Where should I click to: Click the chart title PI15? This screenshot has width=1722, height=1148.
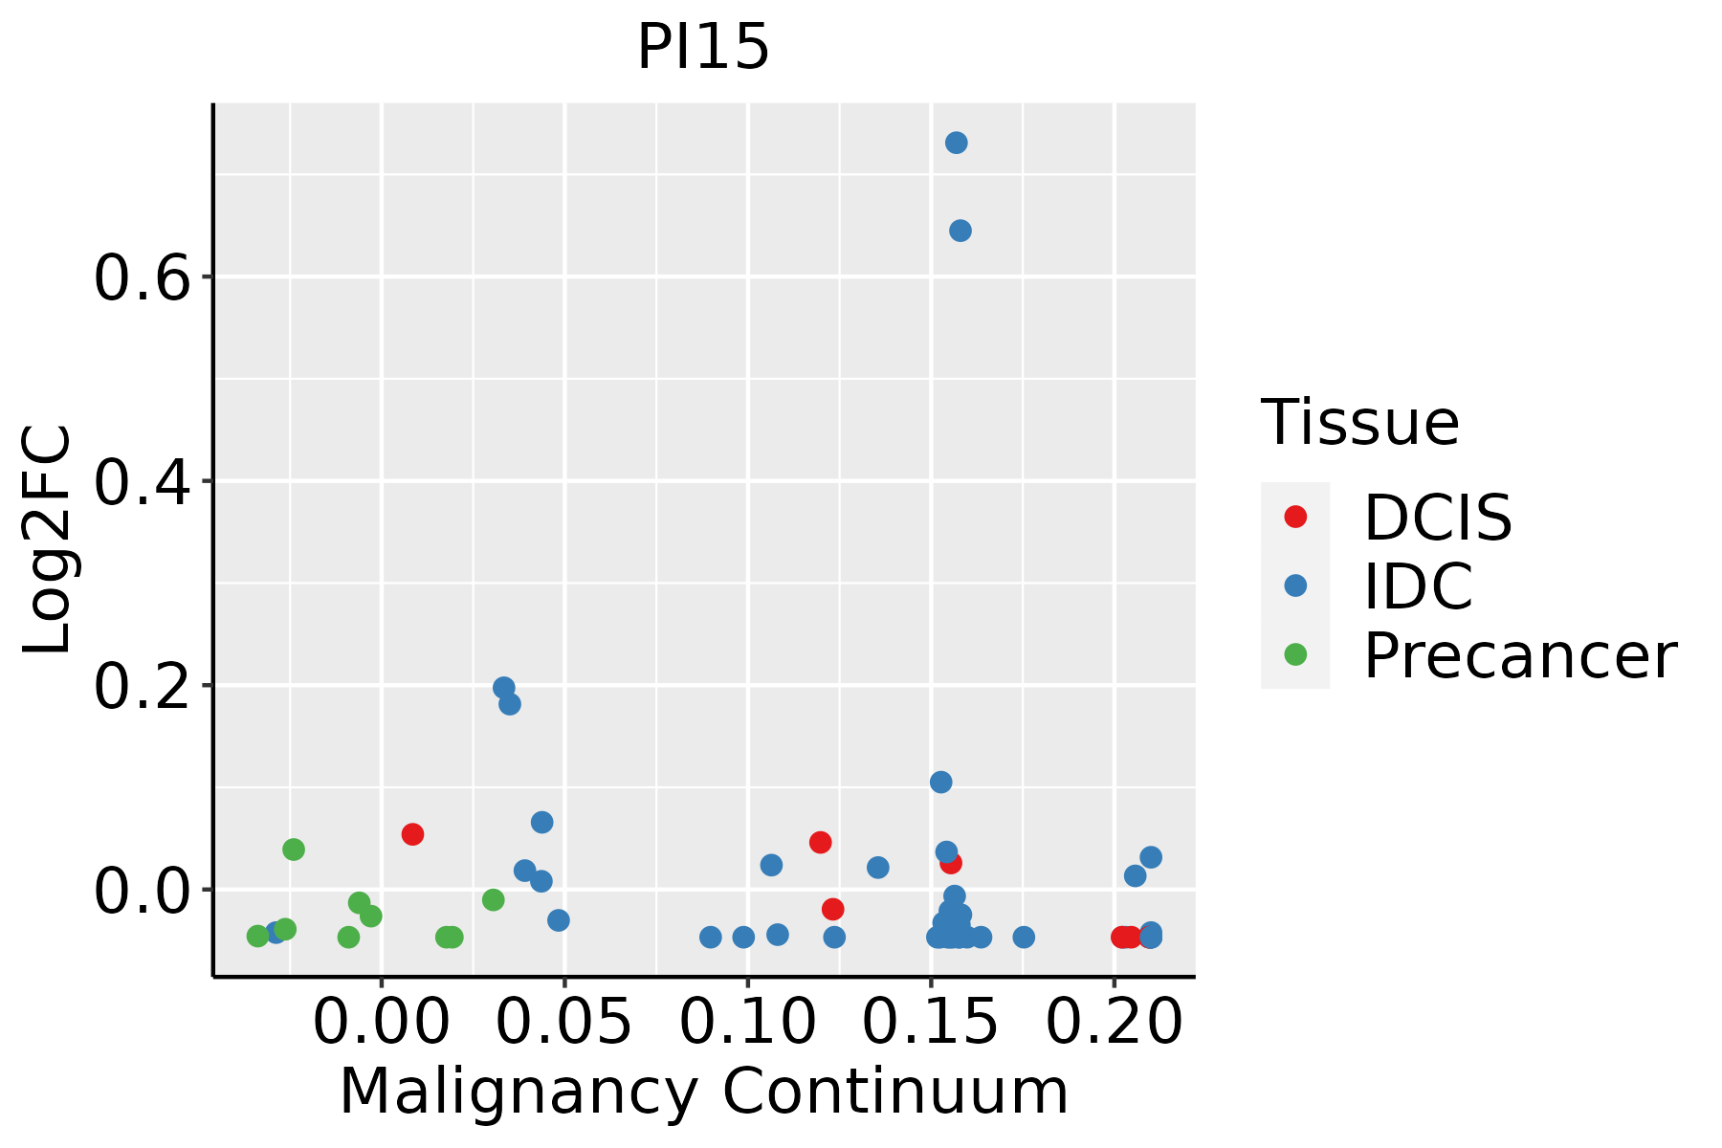[x=703, y=47]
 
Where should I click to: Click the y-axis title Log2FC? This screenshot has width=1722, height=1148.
[x=48, y=540]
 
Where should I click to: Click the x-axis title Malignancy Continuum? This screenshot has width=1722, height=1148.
[x=703, y=1092]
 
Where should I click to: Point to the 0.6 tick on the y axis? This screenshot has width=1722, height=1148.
[x=143, y=277]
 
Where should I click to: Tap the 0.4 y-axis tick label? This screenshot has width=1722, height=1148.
[x=143, y=481]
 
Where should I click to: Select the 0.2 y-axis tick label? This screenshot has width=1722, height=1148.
[x=143, y=686]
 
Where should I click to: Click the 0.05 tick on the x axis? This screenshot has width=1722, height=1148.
[x=564, y=1021]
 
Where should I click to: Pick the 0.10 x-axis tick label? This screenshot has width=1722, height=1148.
[x=747, y=1021]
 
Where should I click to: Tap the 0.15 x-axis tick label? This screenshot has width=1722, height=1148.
[x=930, y=1021]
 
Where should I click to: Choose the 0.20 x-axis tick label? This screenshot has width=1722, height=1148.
[x=1114, y=1021]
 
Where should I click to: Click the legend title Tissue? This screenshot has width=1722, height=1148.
[x=1359, y=422]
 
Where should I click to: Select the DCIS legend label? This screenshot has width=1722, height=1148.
[x=1437, y=518]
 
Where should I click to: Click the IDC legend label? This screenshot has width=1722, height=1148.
[x=1418, y=585]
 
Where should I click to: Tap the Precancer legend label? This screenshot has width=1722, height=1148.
[x=1519, y=655]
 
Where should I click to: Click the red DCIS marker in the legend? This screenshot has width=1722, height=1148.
[x=1295, y=517]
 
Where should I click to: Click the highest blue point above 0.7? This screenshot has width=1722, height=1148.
[x=956, y=143]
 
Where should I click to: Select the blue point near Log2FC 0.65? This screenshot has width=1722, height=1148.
[x=960, y=231]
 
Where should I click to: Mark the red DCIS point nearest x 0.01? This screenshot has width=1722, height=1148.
[x=412, y=834]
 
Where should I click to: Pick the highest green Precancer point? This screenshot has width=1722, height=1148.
[x=294, y=850]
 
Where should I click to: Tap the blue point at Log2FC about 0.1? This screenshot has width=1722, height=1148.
[x=941, y=782]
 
